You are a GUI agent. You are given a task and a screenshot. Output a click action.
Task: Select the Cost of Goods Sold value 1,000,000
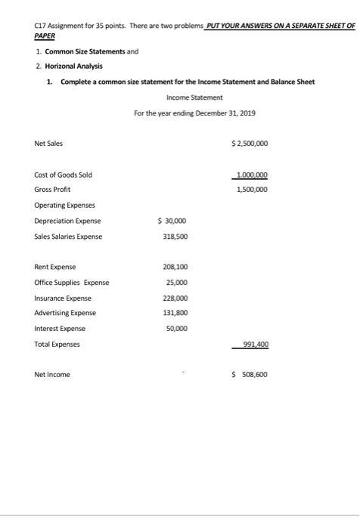(x=252, y=175)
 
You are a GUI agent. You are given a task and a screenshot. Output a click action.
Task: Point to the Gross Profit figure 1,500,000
(x=252, y=190)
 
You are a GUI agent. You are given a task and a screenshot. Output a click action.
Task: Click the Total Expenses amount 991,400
(x=253, y=344)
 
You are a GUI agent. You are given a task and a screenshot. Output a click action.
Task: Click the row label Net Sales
(x=48, y=143)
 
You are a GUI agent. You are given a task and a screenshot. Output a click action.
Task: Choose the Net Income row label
(x=51, y=374)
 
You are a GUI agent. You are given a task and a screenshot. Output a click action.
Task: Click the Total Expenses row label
(x=57, y=344)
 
